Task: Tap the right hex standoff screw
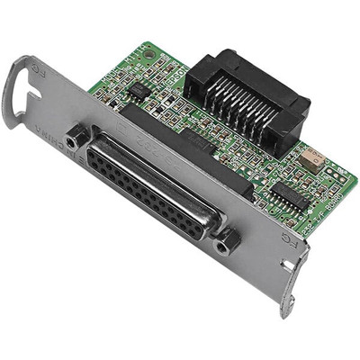224,240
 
